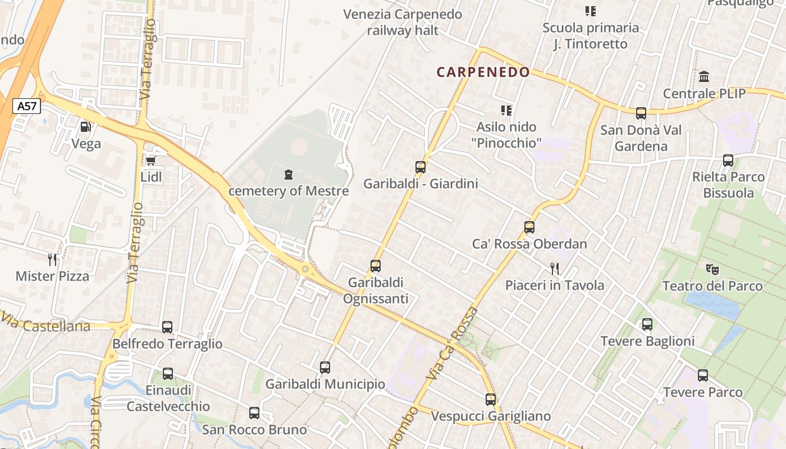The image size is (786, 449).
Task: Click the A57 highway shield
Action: [27, 106]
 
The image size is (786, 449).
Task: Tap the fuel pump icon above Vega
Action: [86, 127]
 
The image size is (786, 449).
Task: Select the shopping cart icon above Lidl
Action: [150, 161]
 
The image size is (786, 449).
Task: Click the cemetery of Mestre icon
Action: [289, 175]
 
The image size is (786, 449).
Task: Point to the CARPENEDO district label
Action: [483, 72]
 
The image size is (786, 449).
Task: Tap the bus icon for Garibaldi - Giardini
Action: [421, 167]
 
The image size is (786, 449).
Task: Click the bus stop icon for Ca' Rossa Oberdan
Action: [529, 227]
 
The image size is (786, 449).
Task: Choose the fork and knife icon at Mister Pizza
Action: [53, 259]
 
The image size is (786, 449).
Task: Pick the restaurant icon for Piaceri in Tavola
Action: [555, 268]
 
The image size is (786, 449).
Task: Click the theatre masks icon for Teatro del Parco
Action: [712, 269]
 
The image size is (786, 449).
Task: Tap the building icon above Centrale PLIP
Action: [704, 76]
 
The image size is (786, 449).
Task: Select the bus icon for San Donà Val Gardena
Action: [641, 113]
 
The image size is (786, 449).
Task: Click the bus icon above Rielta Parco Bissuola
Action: [729, 161]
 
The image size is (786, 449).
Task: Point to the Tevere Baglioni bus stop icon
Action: [647, 324]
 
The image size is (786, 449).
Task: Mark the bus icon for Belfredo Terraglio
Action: [167, 327]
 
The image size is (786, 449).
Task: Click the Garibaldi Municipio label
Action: [325, 384]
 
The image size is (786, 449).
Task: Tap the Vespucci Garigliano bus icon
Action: [491, 400]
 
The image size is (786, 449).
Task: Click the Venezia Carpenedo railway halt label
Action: [403, 22]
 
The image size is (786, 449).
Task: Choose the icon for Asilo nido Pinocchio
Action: [506, 111]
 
